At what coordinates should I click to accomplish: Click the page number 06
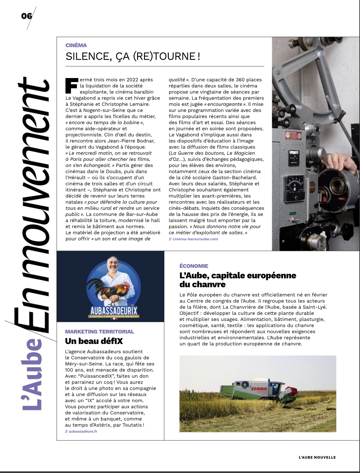click(x=27, y=16)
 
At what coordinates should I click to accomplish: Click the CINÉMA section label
click(x=76, y=45)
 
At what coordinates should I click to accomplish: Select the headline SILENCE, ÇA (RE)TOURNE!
click(x=133, y=56)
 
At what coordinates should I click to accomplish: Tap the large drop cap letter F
click(x=71, y=86)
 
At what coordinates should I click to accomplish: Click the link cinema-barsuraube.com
click(x=195, y=239)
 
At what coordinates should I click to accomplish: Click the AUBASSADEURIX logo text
click(x=114, y=310)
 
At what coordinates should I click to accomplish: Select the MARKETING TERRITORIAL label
click(x=100, y=332)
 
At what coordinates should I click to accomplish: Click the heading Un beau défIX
click(x=94, y=341)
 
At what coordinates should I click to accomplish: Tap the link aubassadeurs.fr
click(x=83, y=431)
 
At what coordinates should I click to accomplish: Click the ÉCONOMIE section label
click(x=194, y=266)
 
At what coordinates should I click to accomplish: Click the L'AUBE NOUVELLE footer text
click(x=317, y=457)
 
